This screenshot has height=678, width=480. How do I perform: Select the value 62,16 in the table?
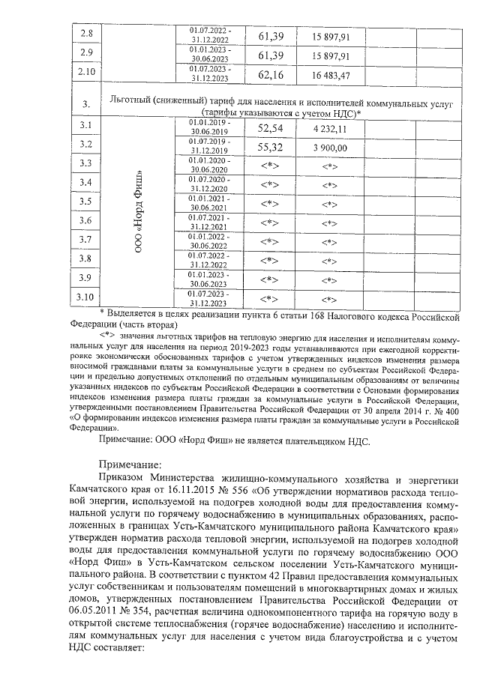[270, 73]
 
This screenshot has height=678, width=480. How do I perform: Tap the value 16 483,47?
[330, 73]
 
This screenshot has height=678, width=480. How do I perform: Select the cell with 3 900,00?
[330, 148]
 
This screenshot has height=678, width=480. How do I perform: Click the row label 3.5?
[86, 202]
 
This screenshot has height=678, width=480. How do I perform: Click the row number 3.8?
[86, 258]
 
